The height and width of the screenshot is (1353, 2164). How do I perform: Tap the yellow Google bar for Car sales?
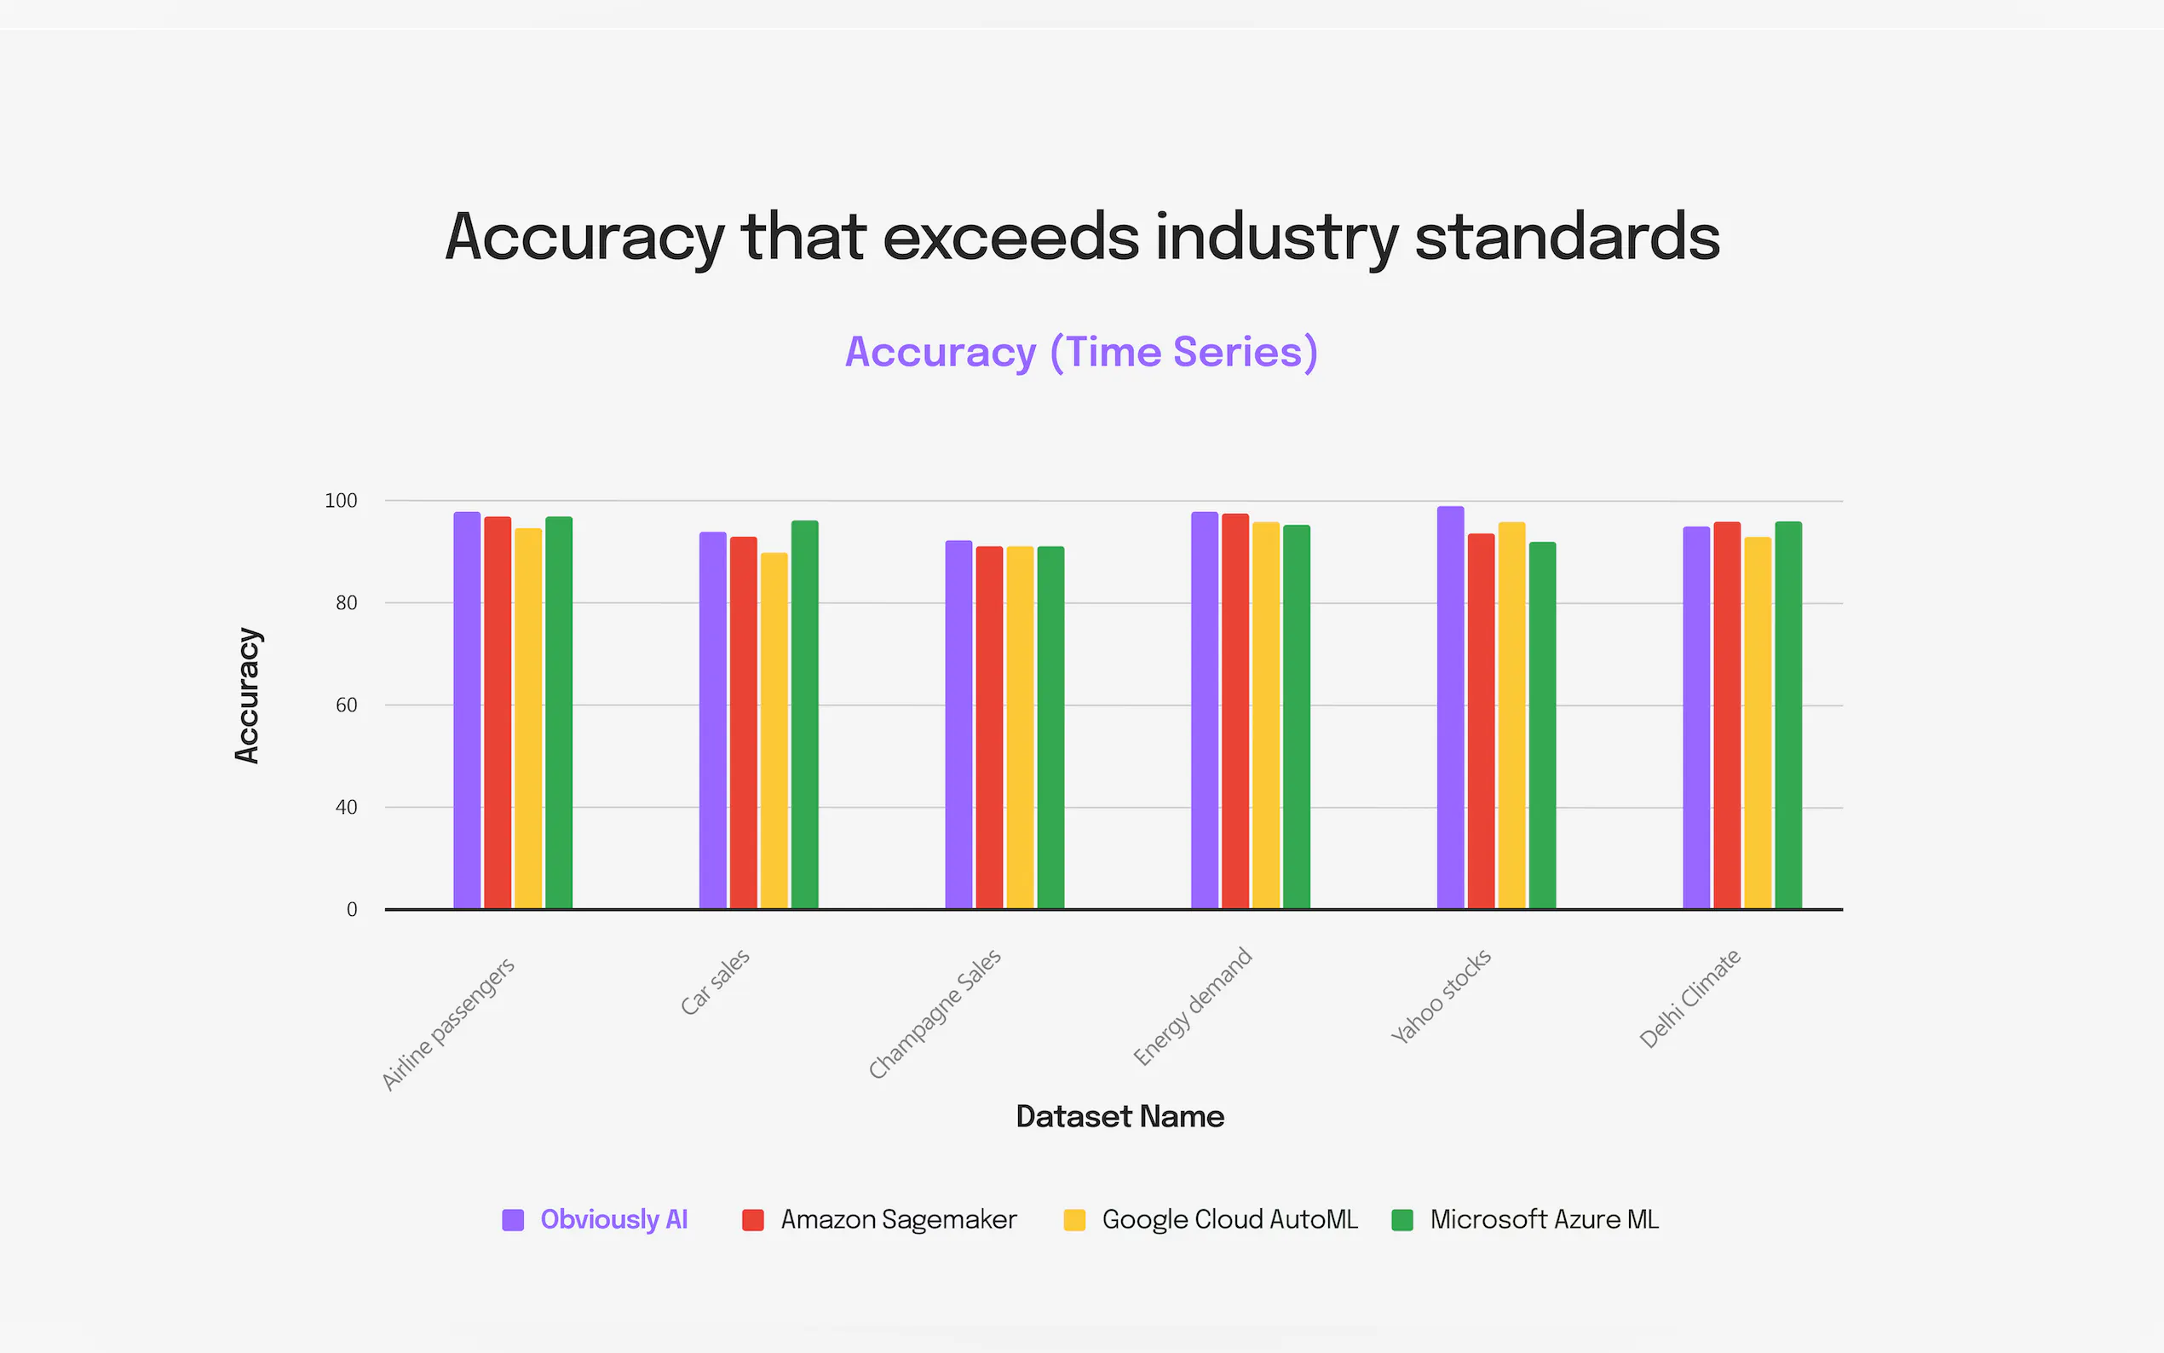[x=774, y=730]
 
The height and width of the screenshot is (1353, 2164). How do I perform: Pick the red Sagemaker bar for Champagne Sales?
[x=988, y=727]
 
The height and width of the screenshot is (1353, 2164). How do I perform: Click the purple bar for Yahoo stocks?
[x=1450, y=707]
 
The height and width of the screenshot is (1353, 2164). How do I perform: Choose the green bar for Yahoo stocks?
[x=1542, y=725]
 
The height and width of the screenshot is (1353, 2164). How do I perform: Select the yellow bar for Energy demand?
[x=1265, y=715]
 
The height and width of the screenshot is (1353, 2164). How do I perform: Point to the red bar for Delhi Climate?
[x=1727, y=715]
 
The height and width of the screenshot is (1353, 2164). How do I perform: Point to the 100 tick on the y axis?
[x=341, y=501]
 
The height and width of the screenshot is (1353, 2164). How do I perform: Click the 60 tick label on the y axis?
[x=346, y=705]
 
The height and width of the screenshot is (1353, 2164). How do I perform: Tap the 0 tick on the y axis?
[x=352, y=909]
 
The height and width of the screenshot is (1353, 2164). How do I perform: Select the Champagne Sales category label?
[x=934, y=1014]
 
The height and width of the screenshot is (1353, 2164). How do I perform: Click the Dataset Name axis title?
[x=1119, y=1116]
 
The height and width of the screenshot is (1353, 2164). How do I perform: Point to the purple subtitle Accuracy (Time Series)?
[x=1080, y=352]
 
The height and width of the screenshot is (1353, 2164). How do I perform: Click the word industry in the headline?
[x=1275, y=237]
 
